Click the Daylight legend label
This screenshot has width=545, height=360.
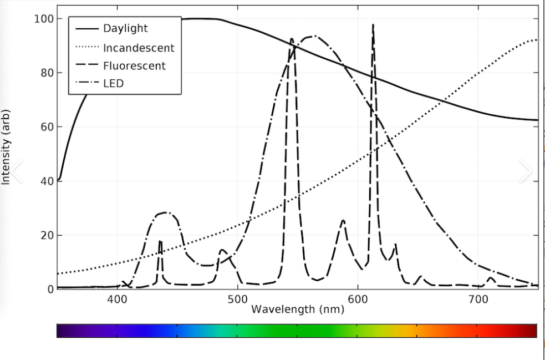[125, 28]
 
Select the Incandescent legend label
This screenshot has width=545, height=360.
[139, 48]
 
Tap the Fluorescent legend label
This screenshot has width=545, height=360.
[135, 66]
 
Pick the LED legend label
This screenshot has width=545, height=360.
[113, 83]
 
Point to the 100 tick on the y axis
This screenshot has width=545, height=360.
[43, 18]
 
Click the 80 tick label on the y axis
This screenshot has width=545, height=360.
[46, 73]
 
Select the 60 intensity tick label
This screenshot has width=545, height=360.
[46, 127]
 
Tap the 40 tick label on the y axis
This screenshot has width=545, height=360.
[46, 181]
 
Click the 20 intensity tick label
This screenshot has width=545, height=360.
[46, 236]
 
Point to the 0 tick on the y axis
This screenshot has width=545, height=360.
[49, 290]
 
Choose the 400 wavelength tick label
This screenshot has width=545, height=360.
[117, 299]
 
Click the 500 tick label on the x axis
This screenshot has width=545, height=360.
[237, 299]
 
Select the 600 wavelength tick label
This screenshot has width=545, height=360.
[358, 299]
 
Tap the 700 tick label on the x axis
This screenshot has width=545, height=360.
[478, 299]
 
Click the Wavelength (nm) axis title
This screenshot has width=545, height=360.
[298, 309]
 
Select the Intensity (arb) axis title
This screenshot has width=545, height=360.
[6, 147]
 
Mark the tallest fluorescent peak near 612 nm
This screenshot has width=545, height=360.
[373, 25]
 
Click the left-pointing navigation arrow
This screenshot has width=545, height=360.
[16, 170]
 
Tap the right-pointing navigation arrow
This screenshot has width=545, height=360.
[526, 170]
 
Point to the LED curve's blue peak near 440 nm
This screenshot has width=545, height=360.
[165, 212]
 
